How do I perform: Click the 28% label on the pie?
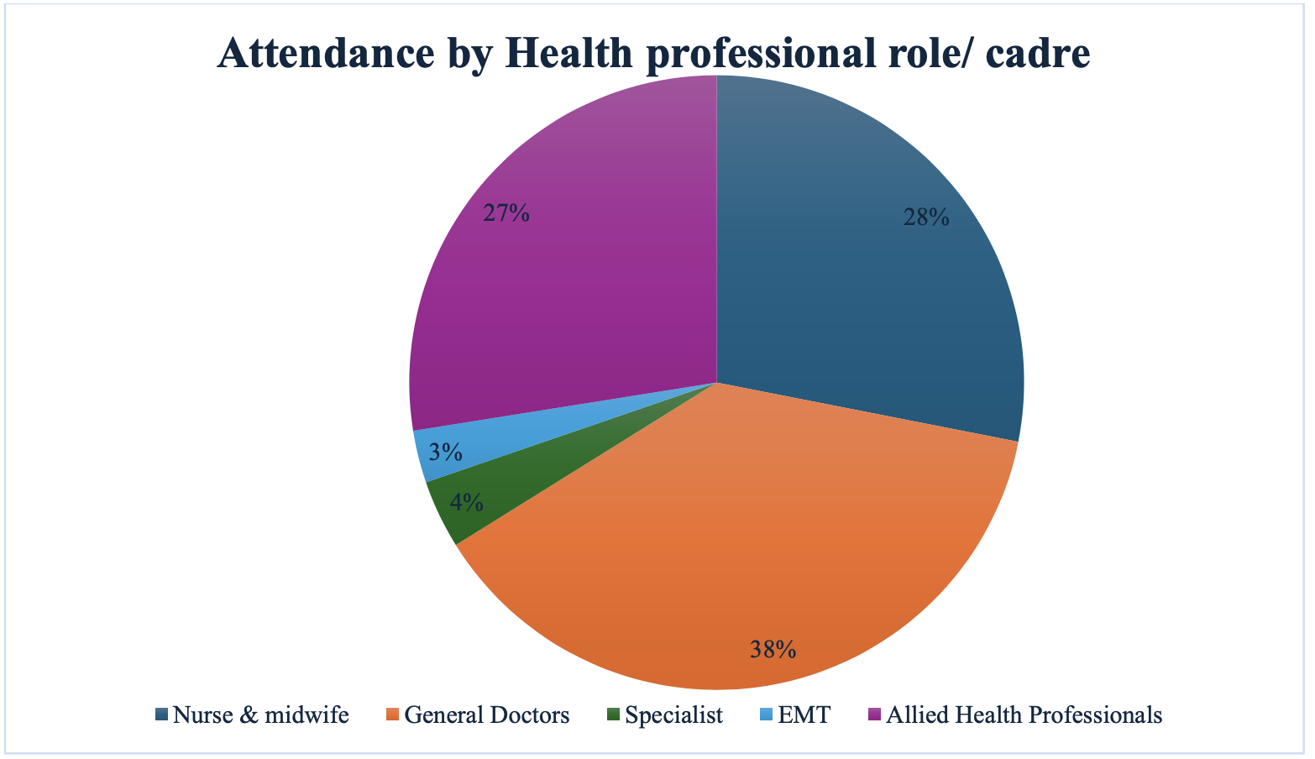tap(926, 218)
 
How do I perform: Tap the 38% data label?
tap(773, 649)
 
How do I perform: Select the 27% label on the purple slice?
tap(506, 213)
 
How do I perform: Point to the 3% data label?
tap(445, 453)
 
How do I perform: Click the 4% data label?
tap(466, 503)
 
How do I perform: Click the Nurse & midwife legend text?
tap(260, 715)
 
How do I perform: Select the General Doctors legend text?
tap(487, 715)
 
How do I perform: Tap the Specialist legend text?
tap(673, 715)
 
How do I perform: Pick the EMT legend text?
tap(804, 715)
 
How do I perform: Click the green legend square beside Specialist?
tap(614, 715)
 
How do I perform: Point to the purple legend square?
tap(874, 715)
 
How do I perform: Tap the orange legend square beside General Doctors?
tap(392, 715)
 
